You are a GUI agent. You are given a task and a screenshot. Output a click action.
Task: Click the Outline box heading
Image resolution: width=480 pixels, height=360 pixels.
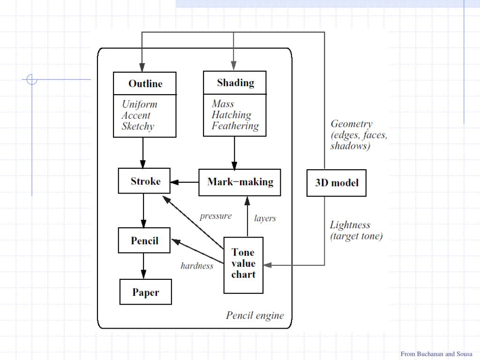pos(145,84)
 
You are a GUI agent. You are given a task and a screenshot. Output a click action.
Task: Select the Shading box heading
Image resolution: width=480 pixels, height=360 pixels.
pos(235,83)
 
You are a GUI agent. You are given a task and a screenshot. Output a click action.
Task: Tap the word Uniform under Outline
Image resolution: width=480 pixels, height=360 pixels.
pos(139,105)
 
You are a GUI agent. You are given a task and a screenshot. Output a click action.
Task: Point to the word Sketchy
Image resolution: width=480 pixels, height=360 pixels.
pos(138,126)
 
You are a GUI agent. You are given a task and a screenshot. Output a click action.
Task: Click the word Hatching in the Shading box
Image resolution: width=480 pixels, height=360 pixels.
pos(231,115)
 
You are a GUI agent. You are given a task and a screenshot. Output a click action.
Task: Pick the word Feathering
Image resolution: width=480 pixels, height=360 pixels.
pos(235,126)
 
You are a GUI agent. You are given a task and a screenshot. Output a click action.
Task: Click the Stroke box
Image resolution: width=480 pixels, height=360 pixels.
pos(145,181)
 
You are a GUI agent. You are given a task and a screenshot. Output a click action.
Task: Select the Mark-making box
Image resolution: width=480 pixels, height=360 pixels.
pos(240,182)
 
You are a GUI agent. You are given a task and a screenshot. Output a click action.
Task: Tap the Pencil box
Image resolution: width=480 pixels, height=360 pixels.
pos(144,241)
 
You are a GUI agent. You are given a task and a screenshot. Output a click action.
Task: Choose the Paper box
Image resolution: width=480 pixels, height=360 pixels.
pos(145,292)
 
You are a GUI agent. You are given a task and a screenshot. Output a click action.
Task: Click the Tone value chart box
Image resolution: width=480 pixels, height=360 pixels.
pos(243,263)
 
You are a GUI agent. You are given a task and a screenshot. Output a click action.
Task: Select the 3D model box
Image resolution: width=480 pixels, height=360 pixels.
pos(337,182)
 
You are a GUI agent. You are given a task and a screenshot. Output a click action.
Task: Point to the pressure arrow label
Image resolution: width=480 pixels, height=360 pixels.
pos(216,216)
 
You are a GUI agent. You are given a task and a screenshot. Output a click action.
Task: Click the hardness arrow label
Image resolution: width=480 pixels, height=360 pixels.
pos(197,266)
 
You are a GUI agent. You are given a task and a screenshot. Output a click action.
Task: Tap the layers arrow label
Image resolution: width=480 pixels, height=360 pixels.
pos(265,218)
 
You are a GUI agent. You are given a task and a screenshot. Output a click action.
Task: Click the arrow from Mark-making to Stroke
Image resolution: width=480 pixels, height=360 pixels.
pos(185,182)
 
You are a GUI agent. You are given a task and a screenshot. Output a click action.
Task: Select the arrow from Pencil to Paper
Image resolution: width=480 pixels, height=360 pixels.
pos(144,266)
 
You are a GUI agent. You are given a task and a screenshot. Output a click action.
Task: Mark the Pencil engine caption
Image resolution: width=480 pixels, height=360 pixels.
pos(255,315)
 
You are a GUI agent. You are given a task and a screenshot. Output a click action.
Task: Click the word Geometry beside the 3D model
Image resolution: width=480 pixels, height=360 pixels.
pos(352,124)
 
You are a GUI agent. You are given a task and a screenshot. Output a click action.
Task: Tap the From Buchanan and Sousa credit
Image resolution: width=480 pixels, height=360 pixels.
pos(436,354)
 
